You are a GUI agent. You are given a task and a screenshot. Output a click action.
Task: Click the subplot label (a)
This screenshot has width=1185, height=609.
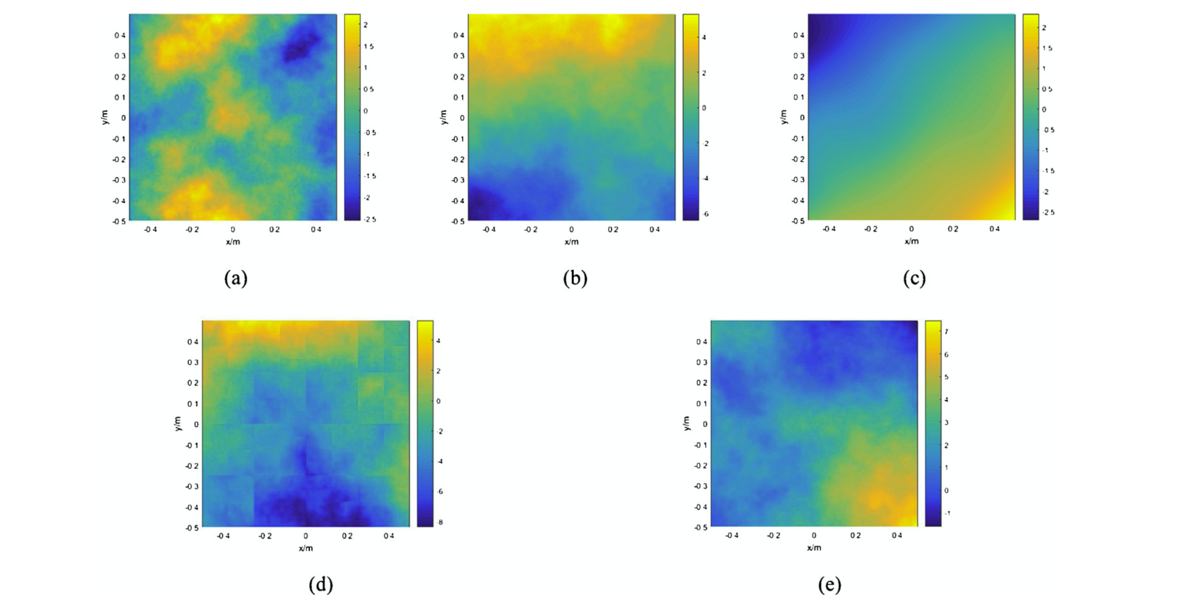pyautogui.click(x=236, y=277)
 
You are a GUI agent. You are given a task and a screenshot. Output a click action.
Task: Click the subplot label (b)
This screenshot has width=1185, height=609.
pyautogui.click(x=575, y=277)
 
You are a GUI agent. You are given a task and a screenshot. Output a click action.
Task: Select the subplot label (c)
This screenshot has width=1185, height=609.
pyautogui.click(x=914, y=277)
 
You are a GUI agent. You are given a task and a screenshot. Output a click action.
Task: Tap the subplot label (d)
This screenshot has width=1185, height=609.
pyautogui.click(x=321, y=584)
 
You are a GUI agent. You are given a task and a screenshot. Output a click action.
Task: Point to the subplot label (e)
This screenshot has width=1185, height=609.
pyautogui.click(x=830, y=584)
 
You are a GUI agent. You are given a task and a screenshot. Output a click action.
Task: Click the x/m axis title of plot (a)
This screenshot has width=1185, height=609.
pyautogui.click(x=233, y=241)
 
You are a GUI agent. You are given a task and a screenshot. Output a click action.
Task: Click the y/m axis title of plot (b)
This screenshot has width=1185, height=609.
pyautogui.click(x=444, y=117)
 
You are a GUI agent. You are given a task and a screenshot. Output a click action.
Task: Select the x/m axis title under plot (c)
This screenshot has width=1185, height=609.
pyautogui.click(x=911, y=241)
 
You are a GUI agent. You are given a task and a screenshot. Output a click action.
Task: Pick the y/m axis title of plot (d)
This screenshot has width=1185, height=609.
pyautogui.click(x=178, y=424)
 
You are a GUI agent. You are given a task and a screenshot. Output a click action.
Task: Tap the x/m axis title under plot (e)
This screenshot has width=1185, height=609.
pyautogui.click(x=814, y=548)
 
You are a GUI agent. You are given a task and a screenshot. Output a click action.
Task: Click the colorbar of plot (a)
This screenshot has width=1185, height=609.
pyautogui.click(x=352, y=117)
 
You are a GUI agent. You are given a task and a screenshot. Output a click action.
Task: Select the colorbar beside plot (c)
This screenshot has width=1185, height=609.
pyautogui.click(x=1030, y=117)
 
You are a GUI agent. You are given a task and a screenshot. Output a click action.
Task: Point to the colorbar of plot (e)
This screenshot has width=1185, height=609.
pyautogui.click(x=932, y=424)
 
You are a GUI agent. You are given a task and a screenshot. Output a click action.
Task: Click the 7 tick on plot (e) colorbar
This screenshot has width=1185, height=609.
pyautogui.click(x=947, y=332)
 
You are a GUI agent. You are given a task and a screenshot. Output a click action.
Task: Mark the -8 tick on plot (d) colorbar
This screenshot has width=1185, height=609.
pyautogui.click(x=440, y=523)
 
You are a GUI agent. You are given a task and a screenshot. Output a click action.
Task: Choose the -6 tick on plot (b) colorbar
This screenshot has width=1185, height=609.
pyautogui.click(x=705, y=214)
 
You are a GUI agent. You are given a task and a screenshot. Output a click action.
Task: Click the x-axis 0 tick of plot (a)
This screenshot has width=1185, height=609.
pyautogui.click(x=233, y=230)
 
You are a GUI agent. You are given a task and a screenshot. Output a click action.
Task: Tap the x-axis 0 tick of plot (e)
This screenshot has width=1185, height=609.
pyautogui.click(x=814, y=536)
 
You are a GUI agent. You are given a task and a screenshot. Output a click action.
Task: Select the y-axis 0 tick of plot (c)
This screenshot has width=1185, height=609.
pyautogui.click(x=802, y=118)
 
